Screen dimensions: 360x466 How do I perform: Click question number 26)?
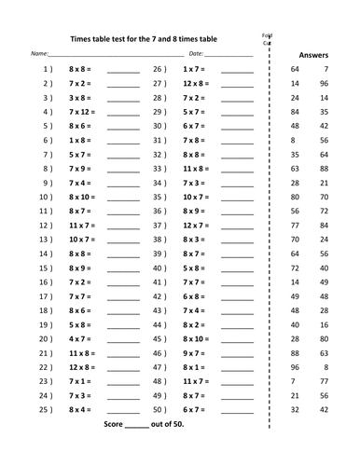point(159,70)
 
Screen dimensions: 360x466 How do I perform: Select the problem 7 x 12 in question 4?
point(83,112)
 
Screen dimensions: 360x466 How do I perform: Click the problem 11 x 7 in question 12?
point(83,226)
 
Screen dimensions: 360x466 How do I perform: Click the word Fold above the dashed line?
point(267,34)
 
